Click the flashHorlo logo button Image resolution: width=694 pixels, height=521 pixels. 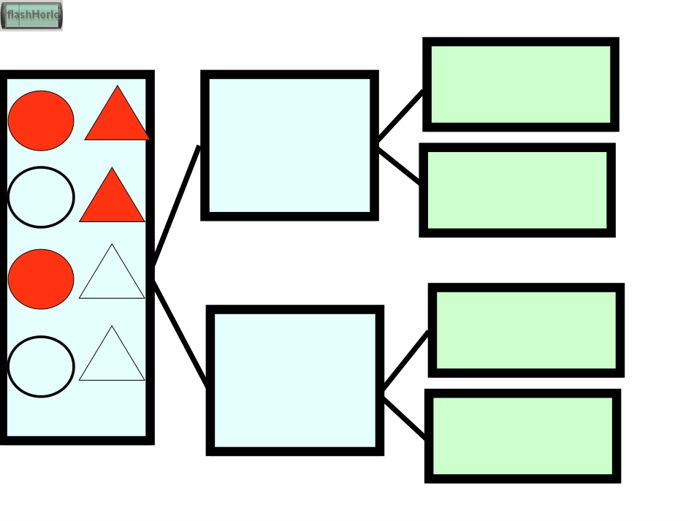31,15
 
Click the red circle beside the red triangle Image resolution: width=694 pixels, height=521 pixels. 41,121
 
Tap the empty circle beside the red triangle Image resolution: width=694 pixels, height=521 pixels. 41,197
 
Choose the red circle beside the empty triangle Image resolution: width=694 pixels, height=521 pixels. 41,279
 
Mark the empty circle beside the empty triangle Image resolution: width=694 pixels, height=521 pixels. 41,367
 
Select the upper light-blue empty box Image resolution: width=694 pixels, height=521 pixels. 289,145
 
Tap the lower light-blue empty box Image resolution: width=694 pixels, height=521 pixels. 295,381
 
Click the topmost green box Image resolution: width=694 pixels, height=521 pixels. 521,85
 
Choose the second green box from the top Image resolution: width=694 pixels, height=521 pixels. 517,190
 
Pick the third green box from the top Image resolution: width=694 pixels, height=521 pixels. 526,330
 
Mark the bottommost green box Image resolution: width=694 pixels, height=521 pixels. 523,436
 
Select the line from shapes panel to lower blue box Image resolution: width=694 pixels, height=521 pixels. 180,332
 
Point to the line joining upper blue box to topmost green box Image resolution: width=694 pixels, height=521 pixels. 400,115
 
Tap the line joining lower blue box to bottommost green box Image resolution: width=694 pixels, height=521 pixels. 405,418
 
